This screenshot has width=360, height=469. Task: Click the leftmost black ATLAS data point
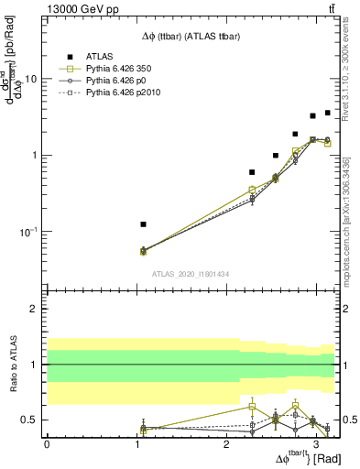click(143, 224)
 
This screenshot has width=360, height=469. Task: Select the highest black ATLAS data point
click(328, 113)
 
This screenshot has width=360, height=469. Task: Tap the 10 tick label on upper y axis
click(31, 79)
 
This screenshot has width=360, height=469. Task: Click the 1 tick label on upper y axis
click(34, 155)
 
